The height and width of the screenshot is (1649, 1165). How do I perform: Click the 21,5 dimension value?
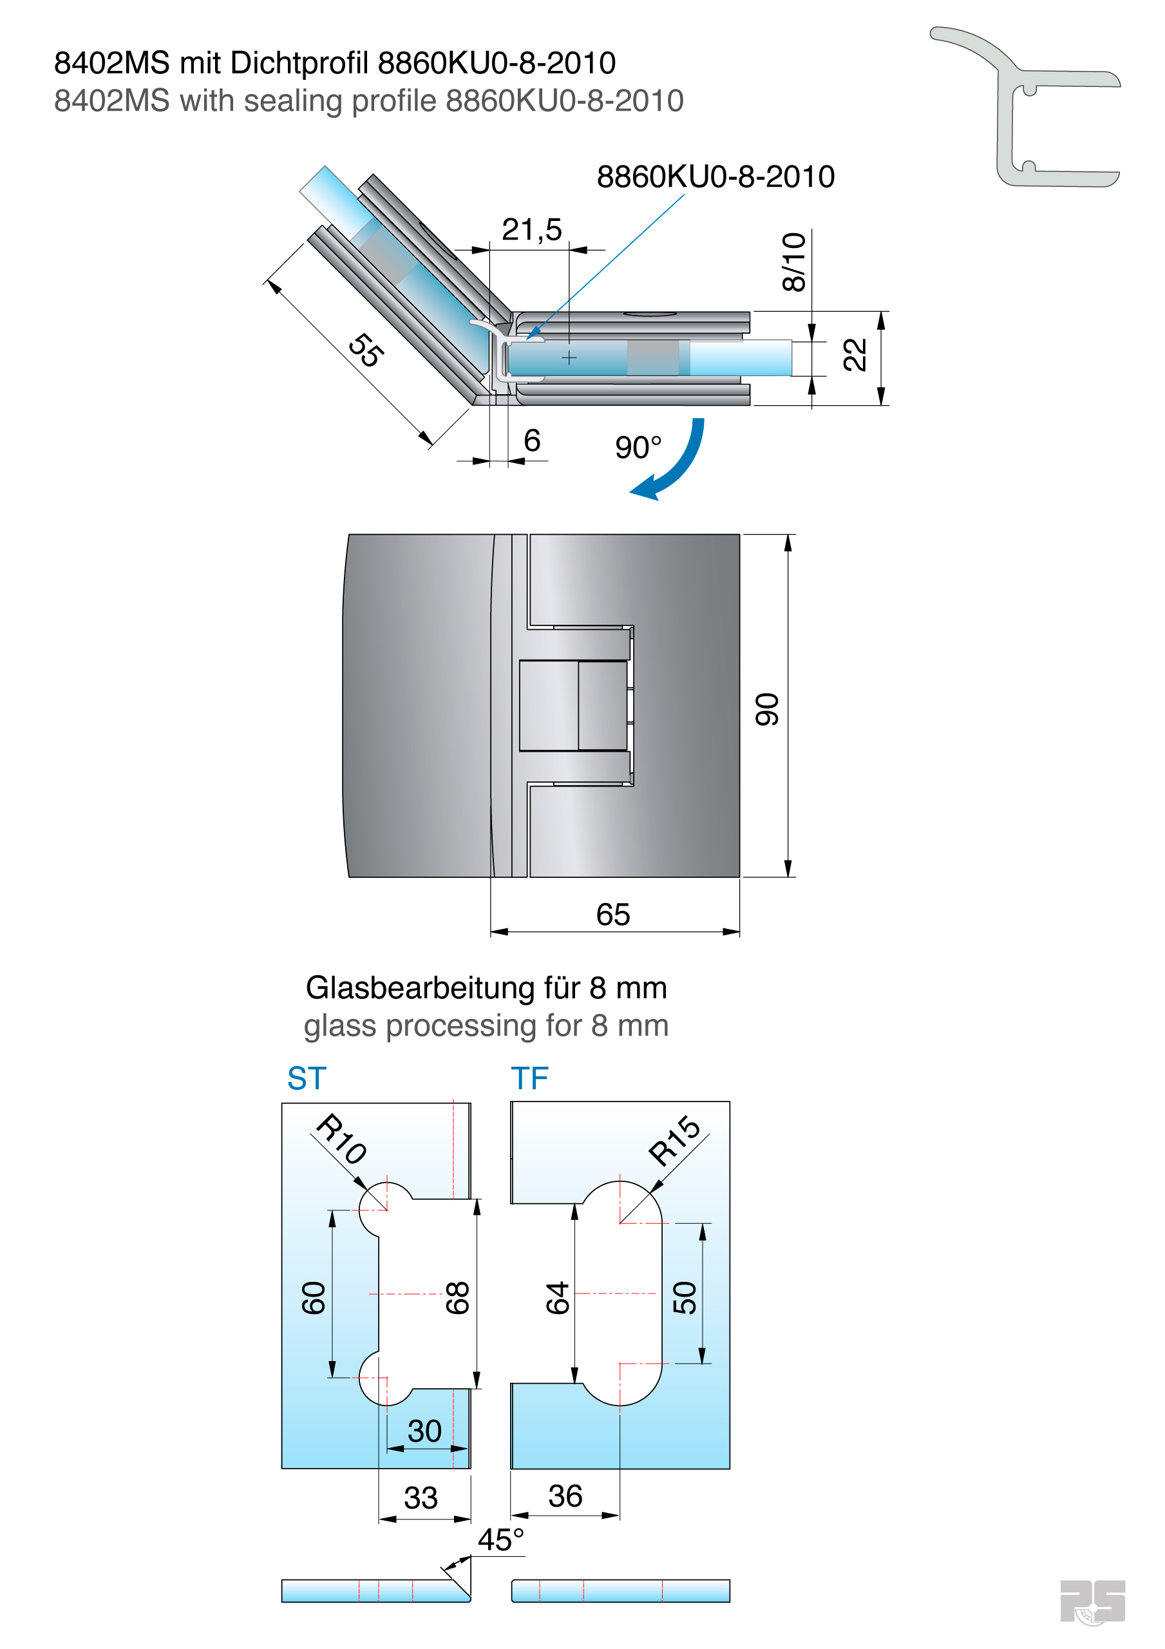pos(531,230)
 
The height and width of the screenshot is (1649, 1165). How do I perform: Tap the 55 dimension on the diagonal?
pos(366,350)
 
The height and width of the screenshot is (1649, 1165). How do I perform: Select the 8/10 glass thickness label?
pos(793,262)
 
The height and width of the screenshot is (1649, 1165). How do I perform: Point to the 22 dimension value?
pos(855,355)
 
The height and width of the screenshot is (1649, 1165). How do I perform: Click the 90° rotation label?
pos(638,448)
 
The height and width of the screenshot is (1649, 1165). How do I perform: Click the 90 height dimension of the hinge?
pos(767,710)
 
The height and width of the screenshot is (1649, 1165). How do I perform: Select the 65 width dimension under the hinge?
pos(612,914)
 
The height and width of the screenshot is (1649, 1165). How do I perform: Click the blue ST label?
pos(307,1078)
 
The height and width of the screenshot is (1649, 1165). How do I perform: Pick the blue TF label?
pos(529,1078)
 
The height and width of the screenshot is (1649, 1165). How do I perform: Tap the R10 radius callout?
pos(342,1138)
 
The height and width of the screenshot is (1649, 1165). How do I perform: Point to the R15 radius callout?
pos(674,1141)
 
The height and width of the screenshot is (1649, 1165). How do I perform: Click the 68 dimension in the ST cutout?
pos(457,1298)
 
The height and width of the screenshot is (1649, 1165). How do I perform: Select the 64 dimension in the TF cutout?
pos(557,1298)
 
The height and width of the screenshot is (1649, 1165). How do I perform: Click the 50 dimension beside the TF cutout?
pos(685,1298)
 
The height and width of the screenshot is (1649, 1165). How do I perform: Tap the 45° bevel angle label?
pos(500,1540)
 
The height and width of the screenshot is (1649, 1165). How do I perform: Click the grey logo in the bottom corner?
pos(1092,1601)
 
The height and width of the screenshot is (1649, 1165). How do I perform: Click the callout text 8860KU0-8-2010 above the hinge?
pos(715,176)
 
